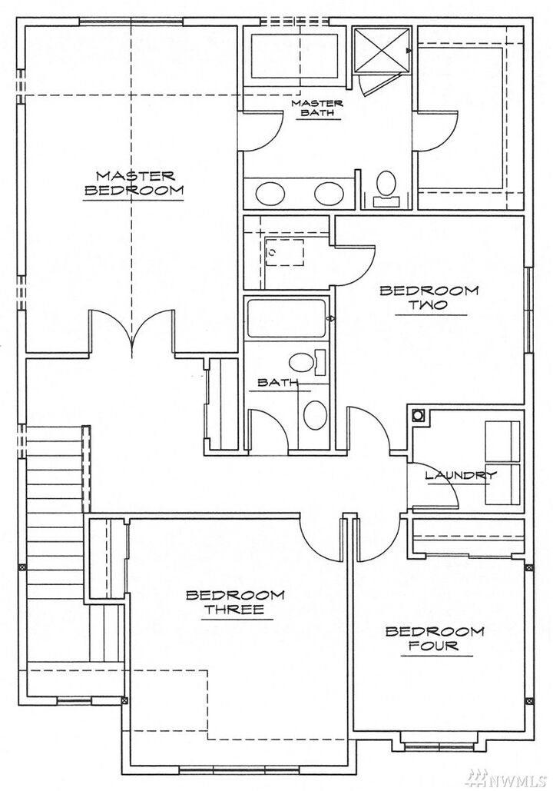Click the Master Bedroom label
(134, 184)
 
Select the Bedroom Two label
(429, 298)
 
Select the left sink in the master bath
(271, 193)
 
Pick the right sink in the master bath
(328, 193)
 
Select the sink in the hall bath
(315, 416)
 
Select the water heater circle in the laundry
(419, 416)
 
